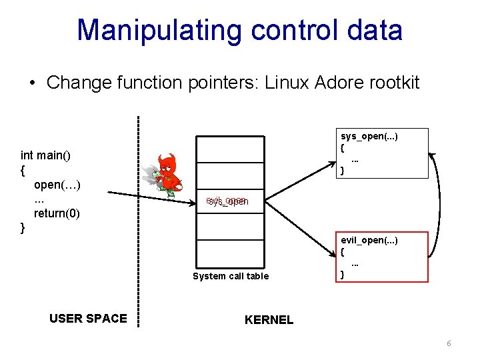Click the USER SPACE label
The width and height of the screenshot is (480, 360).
(x=88, y=318)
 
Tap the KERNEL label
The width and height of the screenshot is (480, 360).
(x=269, y=320)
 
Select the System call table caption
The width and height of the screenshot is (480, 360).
(x=231, y=276)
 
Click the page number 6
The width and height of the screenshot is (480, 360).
(x=449, y=343)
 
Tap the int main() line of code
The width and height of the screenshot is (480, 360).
(x=46, y=155)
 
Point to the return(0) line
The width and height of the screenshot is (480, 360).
(x=57, y=213)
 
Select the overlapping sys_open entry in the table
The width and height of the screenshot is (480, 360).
(x=227, y=201)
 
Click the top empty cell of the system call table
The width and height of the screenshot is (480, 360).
(x=231, y=149)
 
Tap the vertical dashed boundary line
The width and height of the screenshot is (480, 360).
(x=138, y=220)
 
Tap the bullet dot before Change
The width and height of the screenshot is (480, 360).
(x=32, y=83)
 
